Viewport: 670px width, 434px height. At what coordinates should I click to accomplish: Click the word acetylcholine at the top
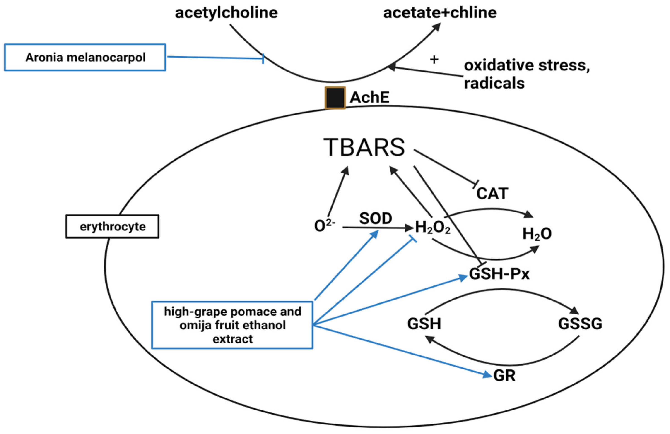click(226, 13)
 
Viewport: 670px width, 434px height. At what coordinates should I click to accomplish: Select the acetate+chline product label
click(440, 13)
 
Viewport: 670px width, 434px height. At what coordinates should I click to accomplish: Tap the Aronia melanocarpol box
click(85, 58)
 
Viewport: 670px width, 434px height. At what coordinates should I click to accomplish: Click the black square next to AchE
click(335, 98)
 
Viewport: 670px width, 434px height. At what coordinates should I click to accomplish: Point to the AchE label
click(369, 98)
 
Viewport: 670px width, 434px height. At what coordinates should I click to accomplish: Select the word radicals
click(494, 83)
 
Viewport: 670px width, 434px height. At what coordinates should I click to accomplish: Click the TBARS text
click(364, 147)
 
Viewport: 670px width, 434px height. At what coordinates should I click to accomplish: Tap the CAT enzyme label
click(492, 193)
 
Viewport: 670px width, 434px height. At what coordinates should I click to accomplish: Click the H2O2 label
click(433, 228)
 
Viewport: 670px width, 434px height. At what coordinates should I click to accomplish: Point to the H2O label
click(537, 234)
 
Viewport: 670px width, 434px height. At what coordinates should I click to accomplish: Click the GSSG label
click(580, 324)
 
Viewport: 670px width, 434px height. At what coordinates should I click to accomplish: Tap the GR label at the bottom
click(504, 376)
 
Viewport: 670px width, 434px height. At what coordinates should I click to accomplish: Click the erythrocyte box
click(112, 227)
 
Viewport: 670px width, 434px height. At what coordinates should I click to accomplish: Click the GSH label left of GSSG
click(424, 324)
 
